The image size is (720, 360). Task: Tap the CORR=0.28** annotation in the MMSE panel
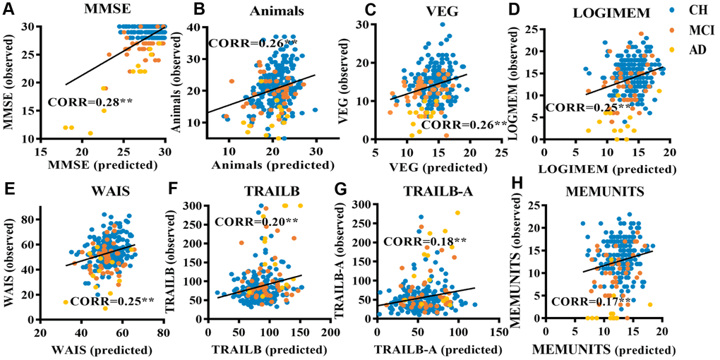point(90,102)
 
